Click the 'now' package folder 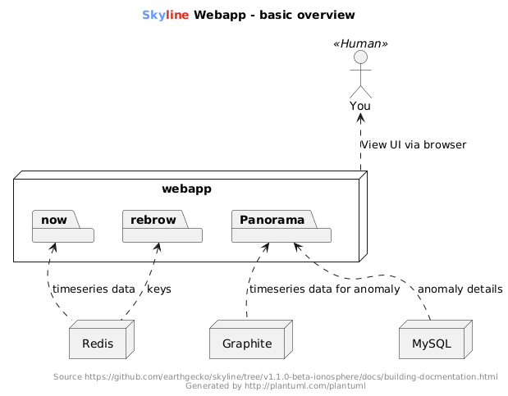click(x=63, y=226)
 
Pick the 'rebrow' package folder click(x=162, y=226)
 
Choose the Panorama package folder click(x=281, y=226)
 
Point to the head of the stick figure click(x=360, y=57)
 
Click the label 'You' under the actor click(x=360, y=106)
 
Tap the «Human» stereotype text click(x=360, y=43)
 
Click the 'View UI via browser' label click(x=414, y=145)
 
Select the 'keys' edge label click(x=159, y=289)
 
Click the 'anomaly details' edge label click(x=460, y=289)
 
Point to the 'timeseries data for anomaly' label click(x=325, y=289)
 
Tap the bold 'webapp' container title click(x=186, y=189)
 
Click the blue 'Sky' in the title click(x=154, y=15)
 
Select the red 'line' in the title click(x=177, y=15)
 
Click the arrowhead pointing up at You click(x=360, y=117)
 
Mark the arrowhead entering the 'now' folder click(x=53, y=248)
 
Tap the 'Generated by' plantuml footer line click(x=276, y=385)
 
